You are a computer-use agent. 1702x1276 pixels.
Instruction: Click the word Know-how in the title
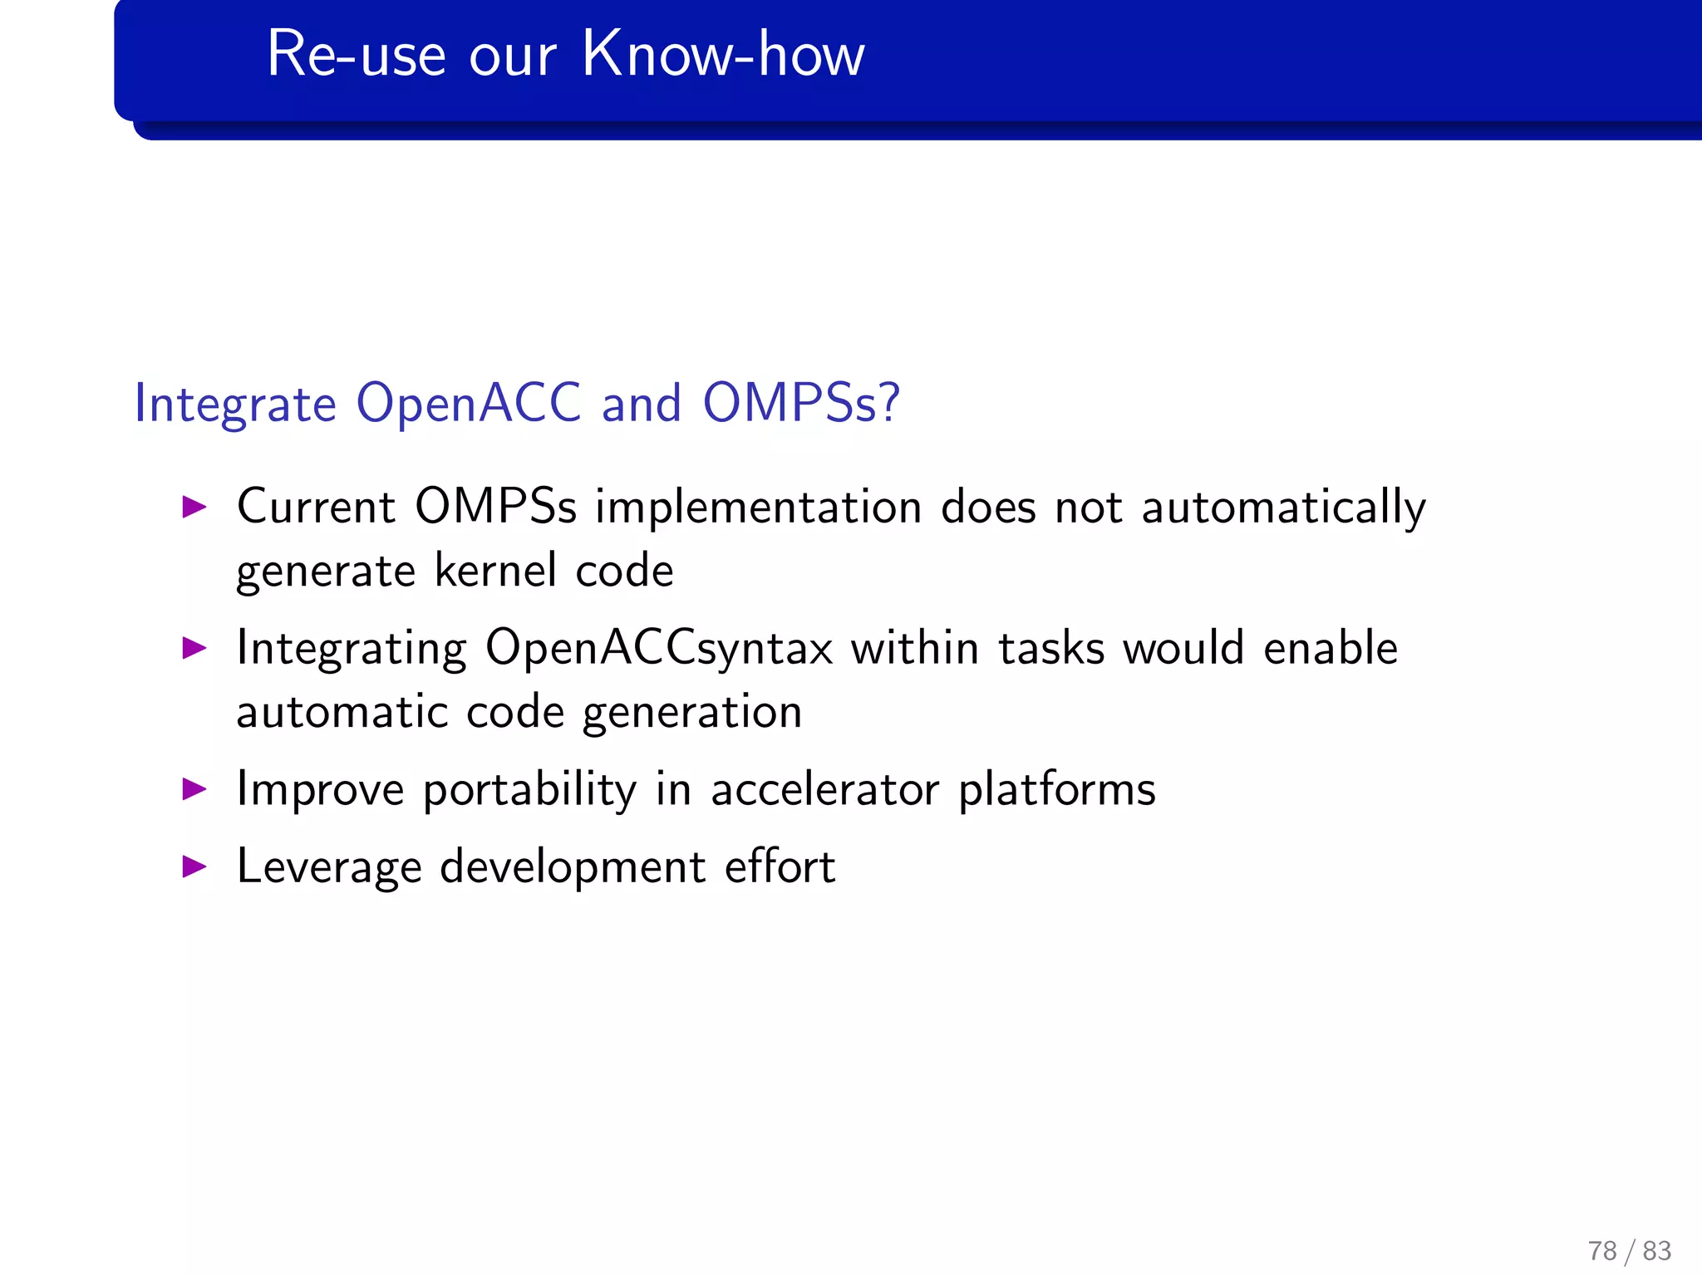(x=723, y=55)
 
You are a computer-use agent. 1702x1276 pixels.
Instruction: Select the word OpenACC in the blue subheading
(x=468, y=404)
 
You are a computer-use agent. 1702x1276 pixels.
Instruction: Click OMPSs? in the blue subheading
(x=801, y=404)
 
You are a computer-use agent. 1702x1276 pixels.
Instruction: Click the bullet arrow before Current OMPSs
(x=194, y=507)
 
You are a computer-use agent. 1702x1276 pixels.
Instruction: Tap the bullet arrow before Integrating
(x=194, y=648)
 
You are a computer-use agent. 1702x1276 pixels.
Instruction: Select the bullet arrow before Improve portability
(x=194, y=788)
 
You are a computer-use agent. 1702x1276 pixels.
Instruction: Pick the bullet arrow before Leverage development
(x=194, y=866)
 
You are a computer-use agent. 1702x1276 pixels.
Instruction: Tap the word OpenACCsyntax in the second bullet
(x=659, y=649)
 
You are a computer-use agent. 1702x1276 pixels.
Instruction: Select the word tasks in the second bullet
(x=1050, y=649)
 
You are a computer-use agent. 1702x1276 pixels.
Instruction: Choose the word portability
(x=529, y=790)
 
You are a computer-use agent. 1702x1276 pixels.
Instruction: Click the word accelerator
(x=824, y=790)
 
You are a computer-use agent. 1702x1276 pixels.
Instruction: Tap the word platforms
(x=1056, y=790)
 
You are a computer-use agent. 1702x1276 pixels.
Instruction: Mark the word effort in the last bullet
(x=780, y=867)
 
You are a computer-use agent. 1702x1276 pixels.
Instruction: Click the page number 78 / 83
(x=1629, y=1250)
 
